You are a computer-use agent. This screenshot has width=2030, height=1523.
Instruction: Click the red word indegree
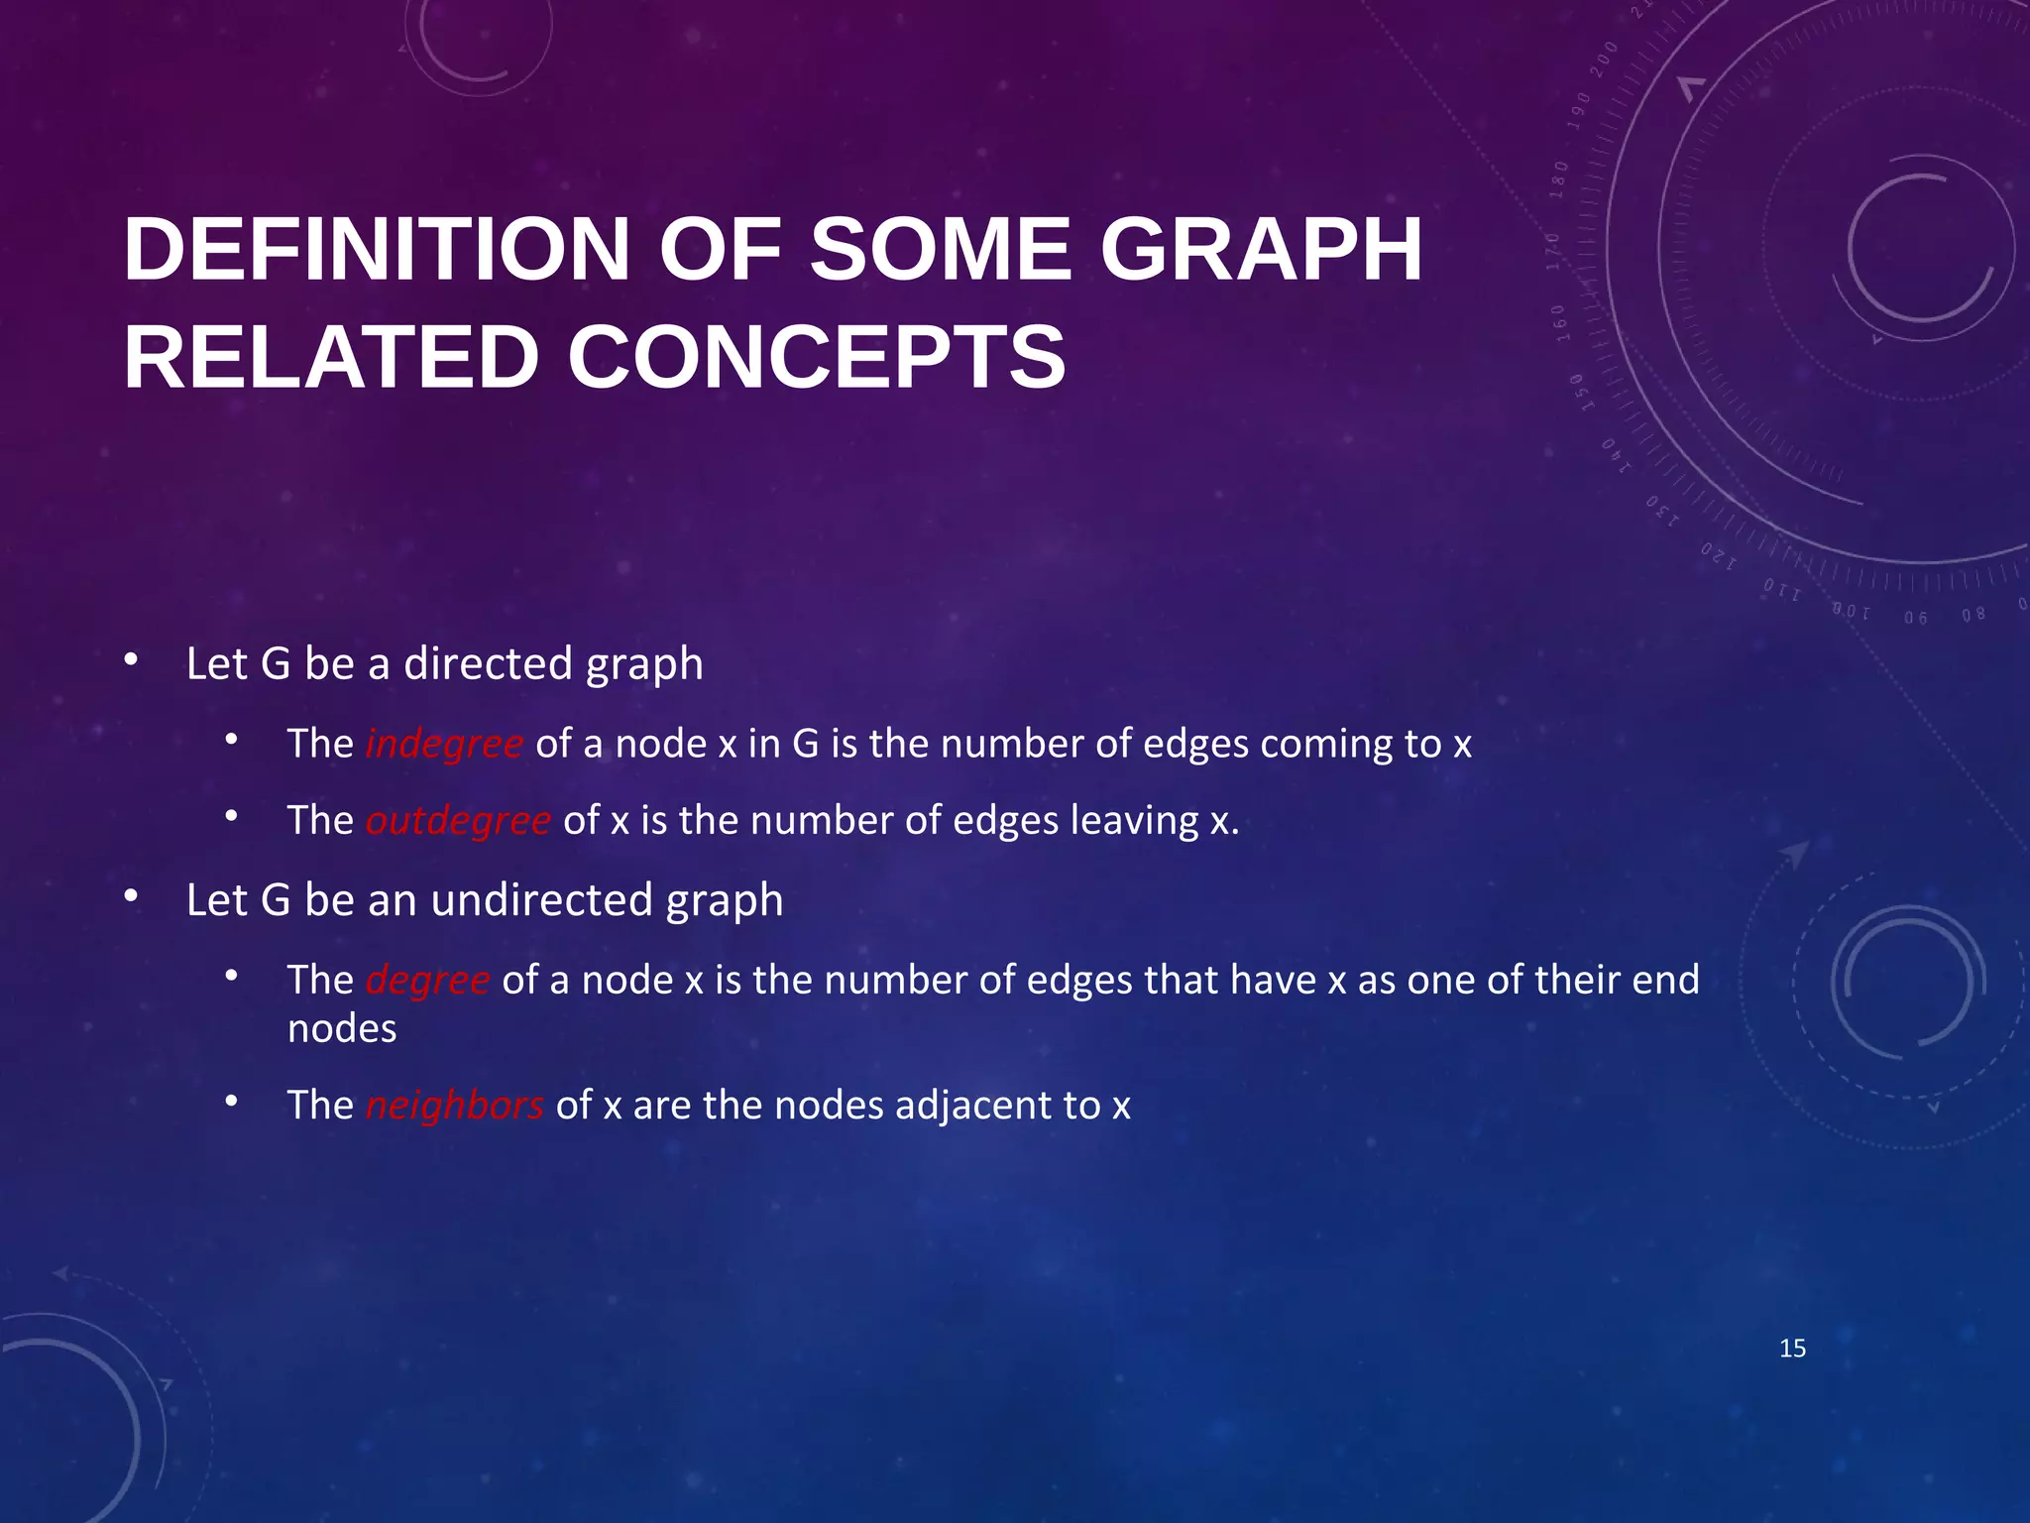(x=444, y=744)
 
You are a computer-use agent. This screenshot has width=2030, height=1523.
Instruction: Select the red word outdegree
(x=458, y=821)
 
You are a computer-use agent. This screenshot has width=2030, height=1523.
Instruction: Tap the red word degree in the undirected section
(x=427, y=980)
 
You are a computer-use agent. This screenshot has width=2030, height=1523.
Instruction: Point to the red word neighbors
(x=454, y=1105)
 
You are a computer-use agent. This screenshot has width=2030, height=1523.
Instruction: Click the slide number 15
(x=1792, y=1348)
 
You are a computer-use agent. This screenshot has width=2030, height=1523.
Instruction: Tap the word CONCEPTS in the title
(x=817, y=357)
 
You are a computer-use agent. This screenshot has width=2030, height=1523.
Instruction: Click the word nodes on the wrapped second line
(x=342, y=1029)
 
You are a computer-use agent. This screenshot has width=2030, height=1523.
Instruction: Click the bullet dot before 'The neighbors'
(x=231, y=1102)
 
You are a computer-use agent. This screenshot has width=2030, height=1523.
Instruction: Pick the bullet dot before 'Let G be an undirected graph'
(x=131, y=897)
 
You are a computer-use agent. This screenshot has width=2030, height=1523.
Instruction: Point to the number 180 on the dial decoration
(x=1559, y=179)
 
